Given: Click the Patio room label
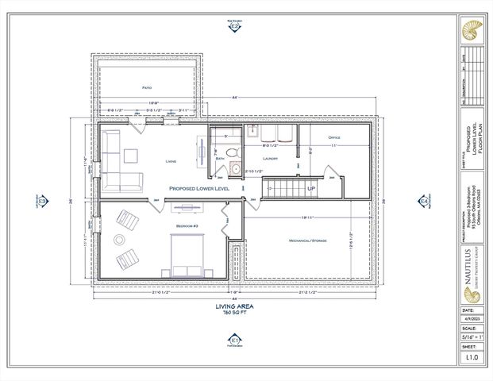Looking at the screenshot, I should (x=147, y=87).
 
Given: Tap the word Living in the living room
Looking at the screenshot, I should (x=170, y=161).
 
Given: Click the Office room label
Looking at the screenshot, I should (x=334, y=137).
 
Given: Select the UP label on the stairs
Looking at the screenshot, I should (x=310, y=188).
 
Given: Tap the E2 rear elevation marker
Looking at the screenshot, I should (x=234, y=26).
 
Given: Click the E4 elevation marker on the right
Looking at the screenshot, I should (x=424, y=202).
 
